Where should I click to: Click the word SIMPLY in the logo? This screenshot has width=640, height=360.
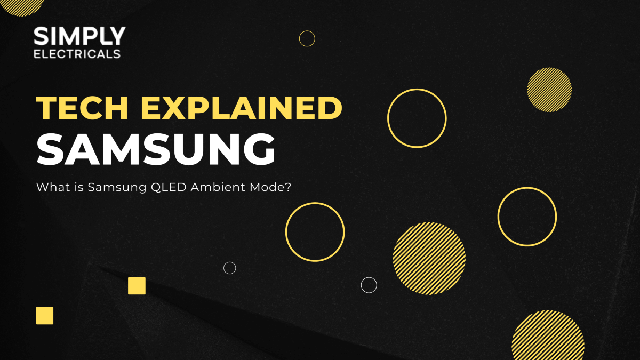tap(79, 36)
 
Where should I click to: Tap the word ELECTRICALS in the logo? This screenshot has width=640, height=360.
tap(77, 54)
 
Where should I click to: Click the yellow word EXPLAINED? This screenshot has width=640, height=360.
tap(241, 109)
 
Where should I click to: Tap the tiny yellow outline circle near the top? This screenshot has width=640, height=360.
tap(307, 38)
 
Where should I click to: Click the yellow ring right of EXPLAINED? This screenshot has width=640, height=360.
tap(417, 118)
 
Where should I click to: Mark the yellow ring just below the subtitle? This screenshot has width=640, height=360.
tap(315, 232)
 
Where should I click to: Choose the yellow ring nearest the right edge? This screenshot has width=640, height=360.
tap(527, 217)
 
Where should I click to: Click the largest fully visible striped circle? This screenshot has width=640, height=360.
tap(429, 259)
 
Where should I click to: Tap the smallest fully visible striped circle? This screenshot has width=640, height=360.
tap(549, 90)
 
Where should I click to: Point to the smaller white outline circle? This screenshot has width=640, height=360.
tap(230, 268)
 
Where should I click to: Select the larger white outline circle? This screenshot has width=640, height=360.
tap(369, 285)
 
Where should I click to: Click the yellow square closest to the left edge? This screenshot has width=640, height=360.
tap(45, 316)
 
